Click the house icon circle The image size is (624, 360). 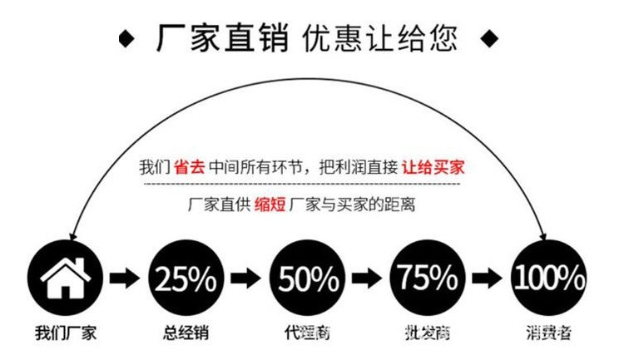(66, 277)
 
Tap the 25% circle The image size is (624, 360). (186, 277)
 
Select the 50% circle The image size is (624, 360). (307, 277)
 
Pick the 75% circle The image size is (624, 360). (428, 277)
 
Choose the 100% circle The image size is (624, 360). (548, 277)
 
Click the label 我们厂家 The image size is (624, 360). (66, 334)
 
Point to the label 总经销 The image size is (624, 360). (186, 334)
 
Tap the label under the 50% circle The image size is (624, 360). (307, 334)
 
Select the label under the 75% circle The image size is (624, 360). (428, 334)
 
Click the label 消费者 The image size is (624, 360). (548, 334)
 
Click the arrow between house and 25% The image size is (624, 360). (126, 277)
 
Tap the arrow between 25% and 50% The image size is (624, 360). (246, 277)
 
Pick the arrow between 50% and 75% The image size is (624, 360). (367, 277)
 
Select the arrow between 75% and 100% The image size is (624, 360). (488, 277)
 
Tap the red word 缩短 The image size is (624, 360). (267, 205)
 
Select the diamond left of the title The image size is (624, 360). (126, 38)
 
